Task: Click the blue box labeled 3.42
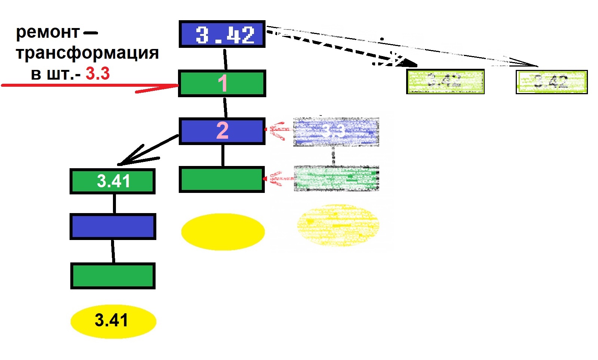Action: pos(222,34)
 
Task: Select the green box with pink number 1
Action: pos(222,83)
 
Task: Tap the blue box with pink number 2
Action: pos(222,131)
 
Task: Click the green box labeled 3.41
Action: pos(113,181)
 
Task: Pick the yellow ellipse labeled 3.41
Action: pos(113,321)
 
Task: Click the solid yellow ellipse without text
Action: pos(223,232)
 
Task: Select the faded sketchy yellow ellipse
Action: pos(338,225)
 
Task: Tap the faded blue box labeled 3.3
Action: pos(336,132)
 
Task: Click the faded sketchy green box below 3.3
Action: pos(336,178)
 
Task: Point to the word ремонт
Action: pos(47,32)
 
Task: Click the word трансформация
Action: pos(87,53)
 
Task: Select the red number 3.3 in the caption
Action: pos(98,74)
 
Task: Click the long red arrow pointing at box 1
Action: pos(90,86)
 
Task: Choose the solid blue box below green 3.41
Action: pos(113,227)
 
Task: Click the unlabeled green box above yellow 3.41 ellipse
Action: pos(113,276)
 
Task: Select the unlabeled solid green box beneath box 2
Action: pos(222,179)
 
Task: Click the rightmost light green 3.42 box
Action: pos(551,82)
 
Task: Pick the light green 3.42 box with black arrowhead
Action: pos(445,81)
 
